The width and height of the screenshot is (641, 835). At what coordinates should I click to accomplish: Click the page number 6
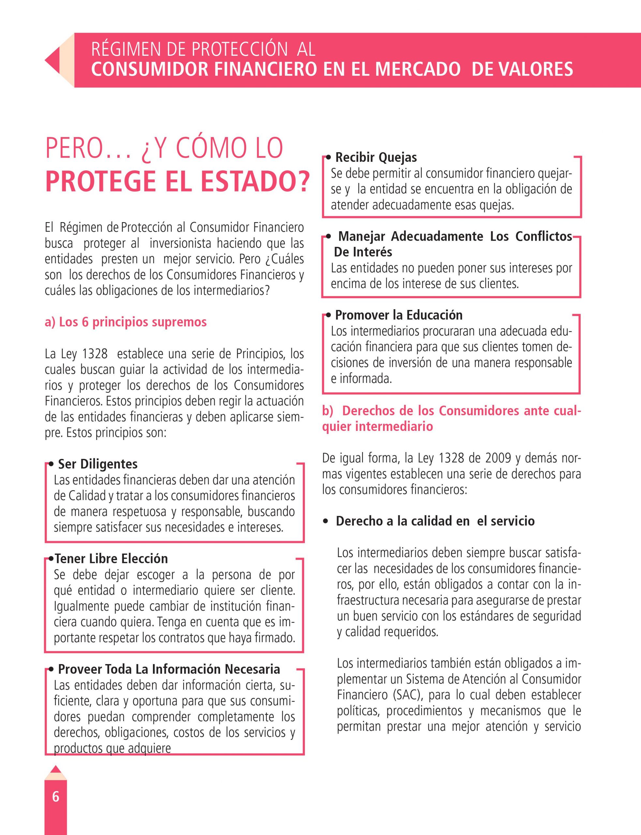pos(56,797)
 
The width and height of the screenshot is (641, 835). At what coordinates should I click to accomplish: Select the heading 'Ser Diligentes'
pos(98,464)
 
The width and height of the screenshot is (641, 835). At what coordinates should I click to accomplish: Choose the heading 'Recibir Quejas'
pos(376,157)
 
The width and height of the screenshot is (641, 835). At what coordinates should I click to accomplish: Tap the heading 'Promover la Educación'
pos(399,315)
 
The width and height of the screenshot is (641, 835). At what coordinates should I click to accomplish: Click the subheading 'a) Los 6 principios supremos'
pos(126,322)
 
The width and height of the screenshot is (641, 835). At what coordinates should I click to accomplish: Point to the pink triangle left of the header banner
pos(52,60)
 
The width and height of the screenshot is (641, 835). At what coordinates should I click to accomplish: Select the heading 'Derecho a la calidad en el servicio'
pos(435,521)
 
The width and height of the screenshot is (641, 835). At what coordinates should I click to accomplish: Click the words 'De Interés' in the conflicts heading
pos(363,252)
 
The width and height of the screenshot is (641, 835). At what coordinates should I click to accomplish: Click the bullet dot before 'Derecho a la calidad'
pos(325,521)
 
